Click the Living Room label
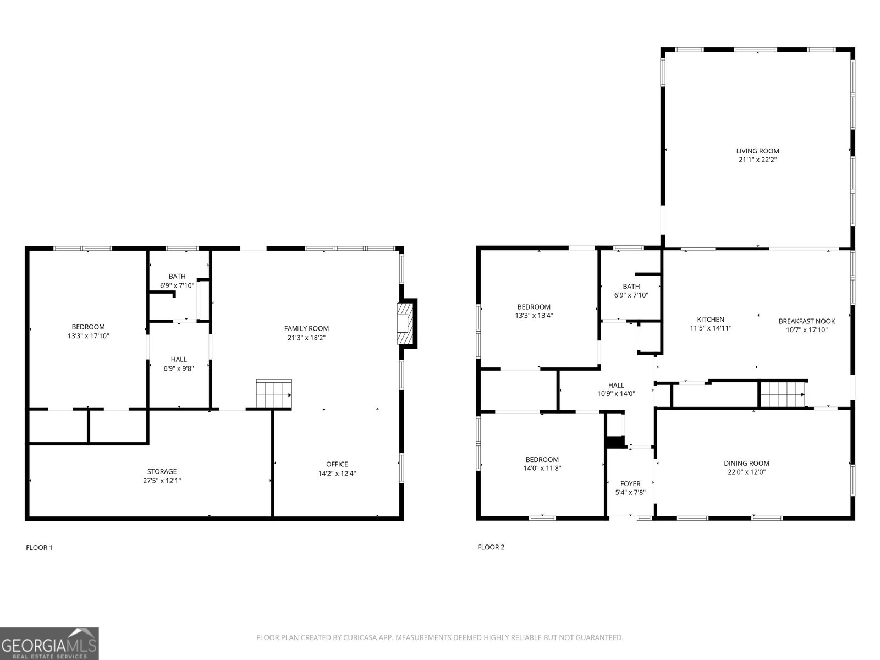(757, 151)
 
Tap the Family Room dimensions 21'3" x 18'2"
(306, 337)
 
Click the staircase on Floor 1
(274, 394)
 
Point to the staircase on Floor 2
(783, 394)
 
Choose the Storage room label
(162, 471)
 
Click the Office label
(337, 464)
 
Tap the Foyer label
(630, 483)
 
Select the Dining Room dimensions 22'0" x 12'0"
(746, 472)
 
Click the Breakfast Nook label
(807, 321)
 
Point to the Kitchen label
(711, 320)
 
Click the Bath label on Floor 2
(631, 286)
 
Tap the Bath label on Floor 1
(177, 276)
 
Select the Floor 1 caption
(39, 547)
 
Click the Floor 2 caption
(491, 547)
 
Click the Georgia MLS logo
(50, 643)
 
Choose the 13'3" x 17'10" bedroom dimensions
(88, 336)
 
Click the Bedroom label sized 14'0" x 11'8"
(542, 459)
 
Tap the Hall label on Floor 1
(178, 359)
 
